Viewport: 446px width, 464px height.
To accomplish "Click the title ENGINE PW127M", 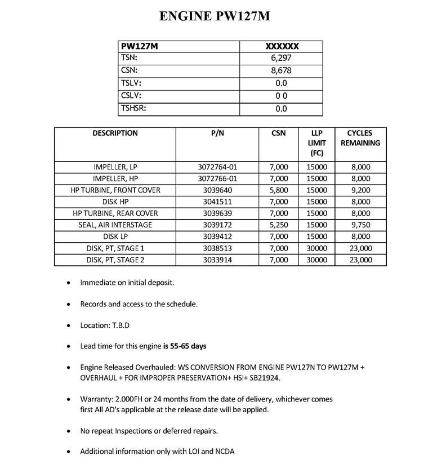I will pyautogui.click(x=215, y=16).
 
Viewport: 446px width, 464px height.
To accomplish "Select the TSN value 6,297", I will pyautogui.click(x=281, y=59).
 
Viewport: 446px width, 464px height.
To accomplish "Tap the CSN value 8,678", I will pyautogui.click(x=281, y=71).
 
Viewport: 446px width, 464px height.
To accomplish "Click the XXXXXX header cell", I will pyautogui.click(x=281, y=46).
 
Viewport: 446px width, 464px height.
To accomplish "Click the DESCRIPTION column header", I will pyautogui.click(x=115, y=133).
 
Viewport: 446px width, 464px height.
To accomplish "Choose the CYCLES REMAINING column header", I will pyautogui.click(x=360, y=138).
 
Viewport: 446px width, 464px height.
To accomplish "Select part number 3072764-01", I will pyautogui.click(x=217, y=167).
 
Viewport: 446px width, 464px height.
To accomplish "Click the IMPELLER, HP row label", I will pyautogui.click(x=115, y=179).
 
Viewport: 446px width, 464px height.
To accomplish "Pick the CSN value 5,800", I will pyautogui.click(x=278, y=190).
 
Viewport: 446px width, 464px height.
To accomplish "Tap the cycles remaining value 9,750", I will pyautogui.click(x=360, y=225).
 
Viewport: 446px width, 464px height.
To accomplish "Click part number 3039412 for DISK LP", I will pyautogui.click(x=217, y=237).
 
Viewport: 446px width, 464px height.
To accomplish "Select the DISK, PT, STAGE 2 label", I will pyautogui.click(x=115, y=260).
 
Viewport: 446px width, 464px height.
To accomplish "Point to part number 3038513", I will pyautogui.click(x=217, y=248).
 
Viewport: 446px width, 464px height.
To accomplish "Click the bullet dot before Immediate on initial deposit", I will pyautogui.click(x=69, y=283).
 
